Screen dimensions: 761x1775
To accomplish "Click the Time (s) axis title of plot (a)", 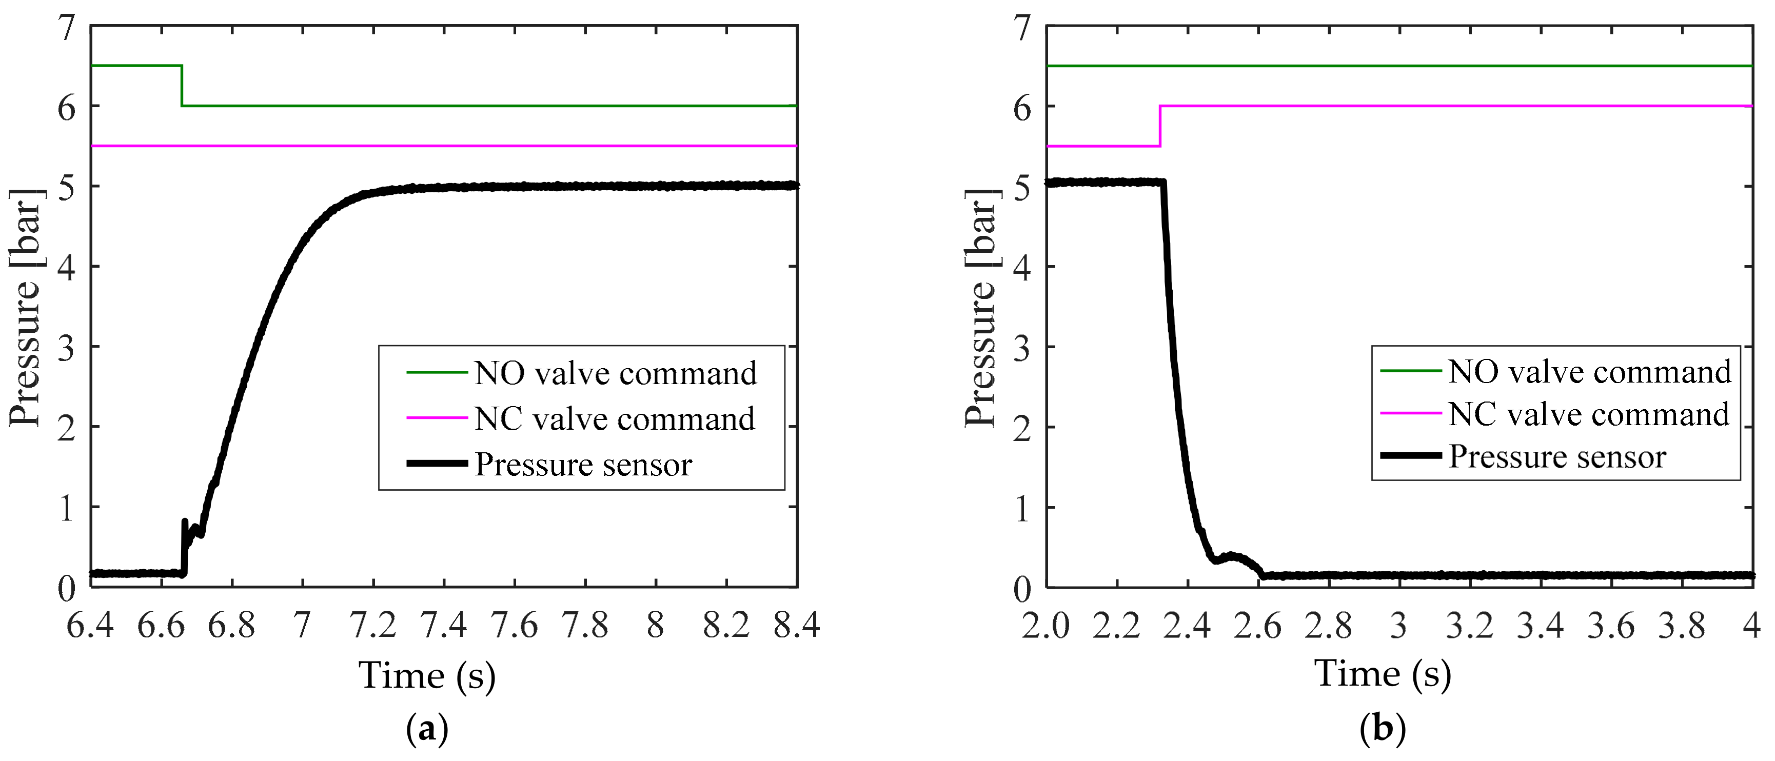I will pyautogui.click(x=427, y=674).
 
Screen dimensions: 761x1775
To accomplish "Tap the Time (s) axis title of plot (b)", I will pyautogui.click(x=1383, y=673).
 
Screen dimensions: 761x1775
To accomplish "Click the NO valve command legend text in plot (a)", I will pyautogui.click(x=615, y=373).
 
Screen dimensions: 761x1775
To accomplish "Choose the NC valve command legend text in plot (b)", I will pyautogui.click(x=1589, y=414).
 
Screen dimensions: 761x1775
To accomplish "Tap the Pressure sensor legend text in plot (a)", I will pyautogui.click(x=583, y=465).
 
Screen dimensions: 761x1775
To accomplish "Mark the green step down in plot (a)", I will pyautogui.click(x=182, y=86).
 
